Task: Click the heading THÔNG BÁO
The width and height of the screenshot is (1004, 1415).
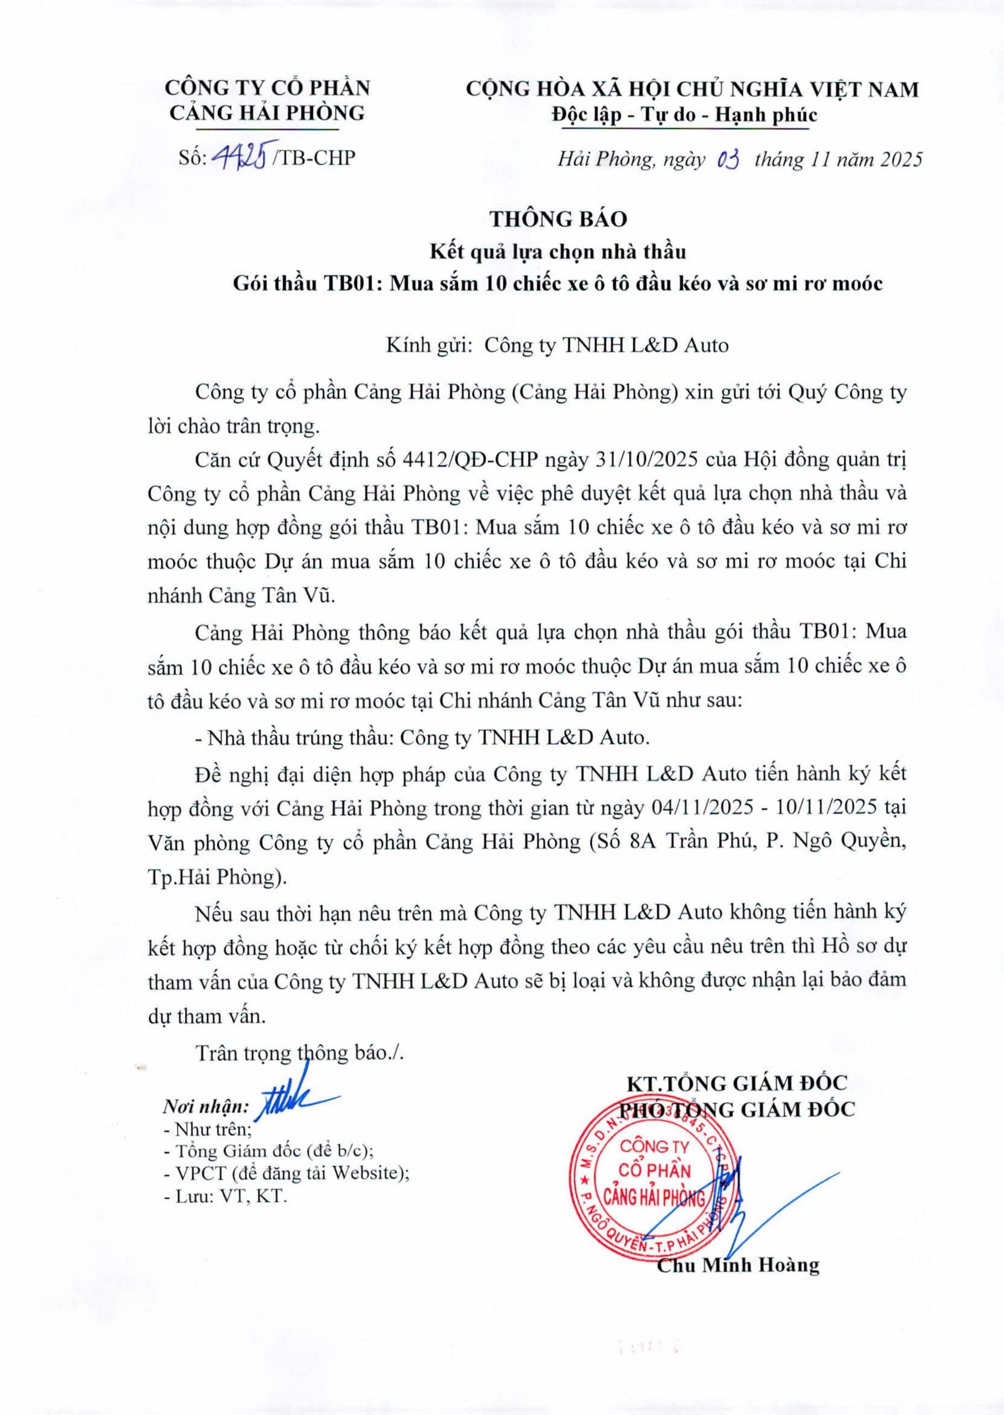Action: pyautogui.click(x=558, y=219)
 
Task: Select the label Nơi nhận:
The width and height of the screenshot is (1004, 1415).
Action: pyautogui.click(x=204, y=1107)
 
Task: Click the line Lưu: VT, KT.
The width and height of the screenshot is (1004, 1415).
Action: pyautogui.click(x=225, y=1196)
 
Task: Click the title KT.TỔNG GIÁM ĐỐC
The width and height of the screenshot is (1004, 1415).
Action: pyautogui.click(x=737, y=1083)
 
